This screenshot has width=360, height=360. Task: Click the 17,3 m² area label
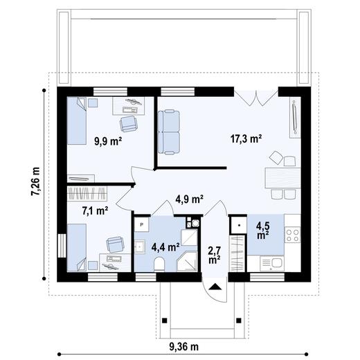[245, 139]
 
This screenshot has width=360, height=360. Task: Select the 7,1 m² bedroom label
[94, 209]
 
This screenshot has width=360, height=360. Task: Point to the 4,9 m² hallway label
[188, 199]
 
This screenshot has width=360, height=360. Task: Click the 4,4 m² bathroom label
[165, 245]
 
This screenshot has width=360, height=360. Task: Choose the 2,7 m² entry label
[215, 254]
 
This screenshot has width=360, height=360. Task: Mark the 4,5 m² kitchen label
[264, 230]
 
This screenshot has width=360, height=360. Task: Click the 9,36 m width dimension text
[181, 345]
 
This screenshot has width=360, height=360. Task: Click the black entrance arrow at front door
[215, 285]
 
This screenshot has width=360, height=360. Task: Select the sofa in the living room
[170, 131]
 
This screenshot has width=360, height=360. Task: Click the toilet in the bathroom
[159, 264]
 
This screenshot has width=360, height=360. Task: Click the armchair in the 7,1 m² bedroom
[113, 245]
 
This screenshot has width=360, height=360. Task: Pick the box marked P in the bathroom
[141, 225]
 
